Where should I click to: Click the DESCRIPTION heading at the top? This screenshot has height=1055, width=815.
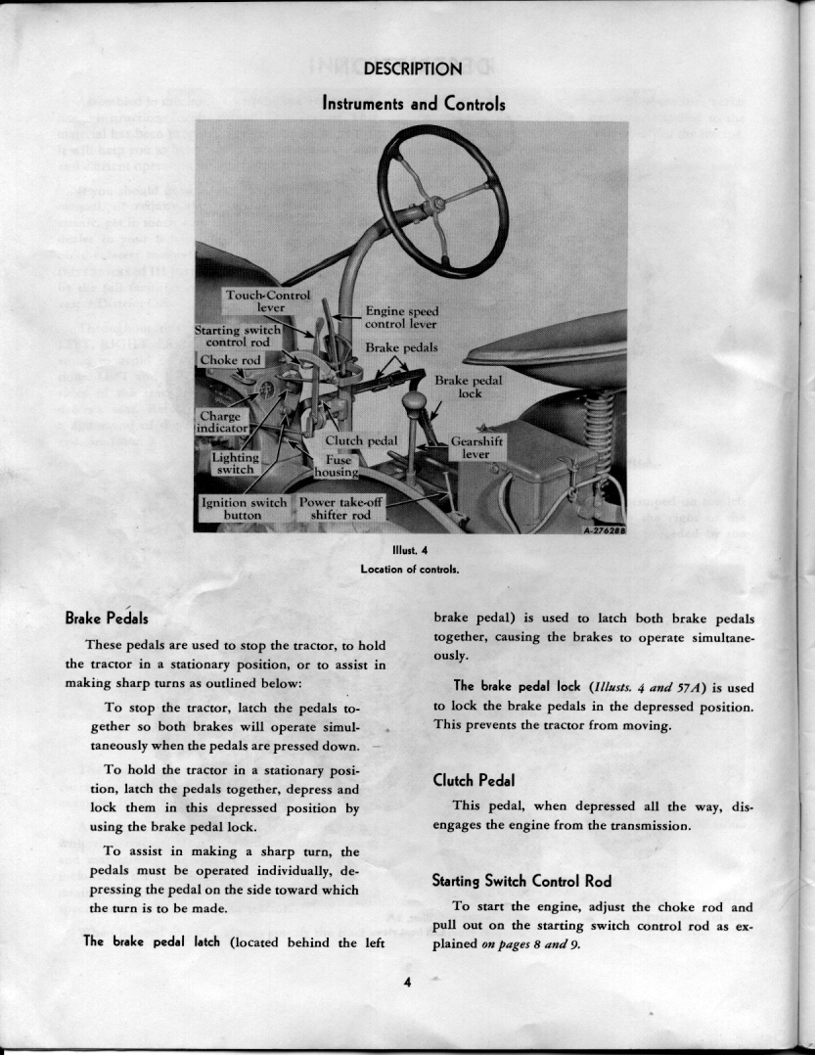click(412, 69)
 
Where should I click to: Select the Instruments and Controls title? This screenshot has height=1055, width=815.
click(414, 103)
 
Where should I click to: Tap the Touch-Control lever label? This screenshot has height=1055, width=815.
click(267, 300)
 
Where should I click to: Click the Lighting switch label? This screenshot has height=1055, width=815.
click(235, 463)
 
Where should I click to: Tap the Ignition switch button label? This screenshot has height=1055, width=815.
click(244, 509)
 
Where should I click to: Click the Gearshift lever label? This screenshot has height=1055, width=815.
click(476, 448)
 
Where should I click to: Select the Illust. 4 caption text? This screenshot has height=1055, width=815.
click(410, 551)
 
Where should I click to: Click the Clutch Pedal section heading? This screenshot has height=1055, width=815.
click(475, 780)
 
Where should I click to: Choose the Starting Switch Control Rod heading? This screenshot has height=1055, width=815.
click(521, 881)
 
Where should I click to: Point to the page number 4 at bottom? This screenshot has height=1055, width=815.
click(407, 984)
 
